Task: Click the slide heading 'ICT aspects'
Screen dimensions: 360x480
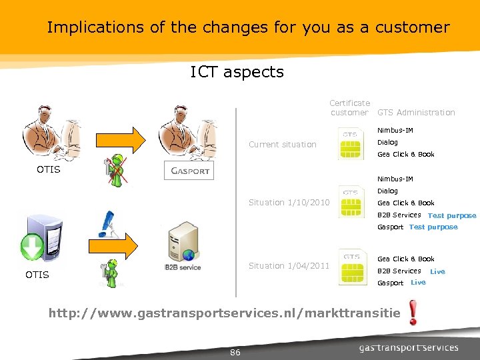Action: click(x=237, y=72)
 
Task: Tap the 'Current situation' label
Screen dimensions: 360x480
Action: click(x=282, y=144)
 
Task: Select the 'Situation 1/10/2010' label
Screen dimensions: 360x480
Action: click(x=289, y=203)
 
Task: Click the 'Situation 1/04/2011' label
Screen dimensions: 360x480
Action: click(x=289, y=266)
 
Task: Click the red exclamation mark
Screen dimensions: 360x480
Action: click(x=413, y=312)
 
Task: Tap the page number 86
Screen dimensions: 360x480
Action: click(x=235, y=352)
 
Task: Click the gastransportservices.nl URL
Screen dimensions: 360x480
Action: click(x=225, y=312)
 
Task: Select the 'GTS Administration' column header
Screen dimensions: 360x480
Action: click(x=416, y=113)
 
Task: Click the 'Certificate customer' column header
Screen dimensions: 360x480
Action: click(x=349, y=108)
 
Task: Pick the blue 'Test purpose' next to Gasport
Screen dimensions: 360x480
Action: click(x=433, y=227)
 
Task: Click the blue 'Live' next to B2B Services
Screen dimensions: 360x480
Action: click(x=437, y=272)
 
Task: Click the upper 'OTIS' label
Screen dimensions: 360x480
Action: click(x=48, y=169)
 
